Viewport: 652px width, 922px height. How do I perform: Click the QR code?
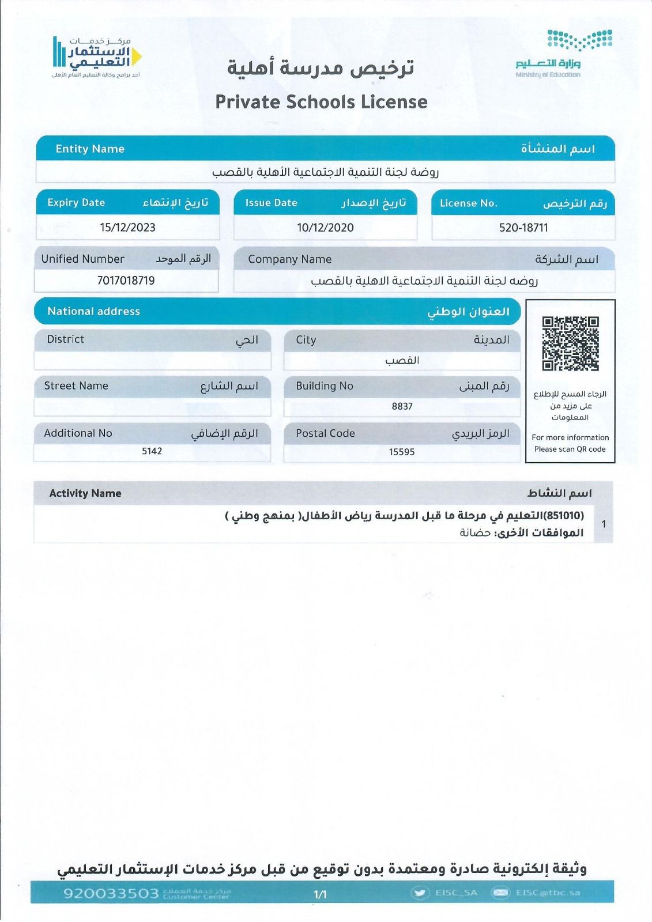pos(570,343)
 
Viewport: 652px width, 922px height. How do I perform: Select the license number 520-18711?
pos(523,228)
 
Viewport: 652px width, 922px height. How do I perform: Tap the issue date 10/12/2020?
pos(325,228)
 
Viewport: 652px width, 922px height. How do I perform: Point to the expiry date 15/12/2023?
pos(127,228)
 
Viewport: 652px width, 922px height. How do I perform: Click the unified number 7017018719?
pos(126,281)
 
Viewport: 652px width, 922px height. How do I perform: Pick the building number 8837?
pos(402,406)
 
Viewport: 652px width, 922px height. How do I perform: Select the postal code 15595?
pos(402,452)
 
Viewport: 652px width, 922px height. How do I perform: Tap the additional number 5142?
pos(152,451)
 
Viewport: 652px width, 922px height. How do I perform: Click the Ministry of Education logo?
pos(564,54)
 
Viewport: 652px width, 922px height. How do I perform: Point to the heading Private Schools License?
pos(321,102)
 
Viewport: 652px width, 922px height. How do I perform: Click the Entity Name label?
pos(90,149)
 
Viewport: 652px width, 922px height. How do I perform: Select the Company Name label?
pos(289,259)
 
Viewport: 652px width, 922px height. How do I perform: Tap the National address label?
pos(93,311)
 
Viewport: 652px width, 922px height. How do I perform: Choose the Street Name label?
pos(76,386)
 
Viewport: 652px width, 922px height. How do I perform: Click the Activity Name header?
pos(85,493)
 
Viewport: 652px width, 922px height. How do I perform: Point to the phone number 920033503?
pos(111,893)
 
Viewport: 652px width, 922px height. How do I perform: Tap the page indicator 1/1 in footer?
pos(320,894)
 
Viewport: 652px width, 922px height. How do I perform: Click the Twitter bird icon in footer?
pos(420,893)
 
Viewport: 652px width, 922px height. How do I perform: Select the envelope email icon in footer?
pos(500,893)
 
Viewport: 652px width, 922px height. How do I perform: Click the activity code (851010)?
pos(564,515)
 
